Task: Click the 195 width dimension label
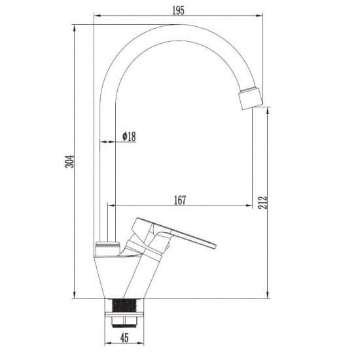point(179,10)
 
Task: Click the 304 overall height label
point(70,162)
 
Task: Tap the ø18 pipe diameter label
point(129,136)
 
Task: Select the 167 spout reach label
point(180,200)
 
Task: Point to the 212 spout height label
point(263,202)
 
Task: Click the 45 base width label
point(124,338)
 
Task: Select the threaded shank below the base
point(124,306)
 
